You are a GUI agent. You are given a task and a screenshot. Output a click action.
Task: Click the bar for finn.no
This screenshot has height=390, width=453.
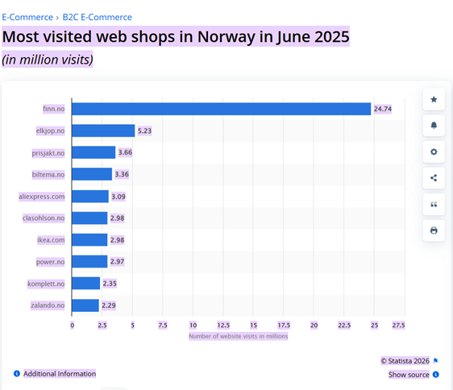click(x=222, y=109)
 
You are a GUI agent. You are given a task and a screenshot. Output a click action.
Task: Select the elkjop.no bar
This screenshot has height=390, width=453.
click(x=104, y=131)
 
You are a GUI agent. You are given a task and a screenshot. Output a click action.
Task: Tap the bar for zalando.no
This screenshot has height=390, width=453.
click(x=86, y=305)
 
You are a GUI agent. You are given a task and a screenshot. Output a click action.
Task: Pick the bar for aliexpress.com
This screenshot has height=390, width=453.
click(x=90, y=197)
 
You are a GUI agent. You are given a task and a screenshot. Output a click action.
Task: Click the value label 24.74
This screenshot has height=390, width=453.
click(x=383, y=109)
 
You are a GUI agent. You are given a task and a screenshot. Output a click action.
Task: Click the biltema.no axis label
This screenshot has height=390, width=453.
click(x=48, y=174)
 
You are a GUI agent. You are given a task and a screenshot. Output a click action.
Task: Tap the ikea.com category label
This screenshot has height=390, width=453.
click(x=50, y=240)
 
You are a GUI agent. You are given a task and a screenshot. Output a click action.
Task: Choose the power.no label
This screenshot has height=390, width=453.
click(x=50, y=262)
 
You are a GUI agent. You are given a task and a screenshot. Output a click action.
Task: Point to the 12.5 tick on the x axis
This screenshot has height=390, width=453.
click(x=223, y=325)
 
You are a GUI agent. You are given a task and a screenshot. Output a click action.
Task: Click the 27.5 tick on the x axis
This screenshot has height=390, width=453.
click(x=398, y=325)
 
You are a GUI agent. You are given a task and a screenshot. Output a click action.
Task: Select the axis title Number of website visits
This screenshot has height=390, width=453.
click(x=238, y=336)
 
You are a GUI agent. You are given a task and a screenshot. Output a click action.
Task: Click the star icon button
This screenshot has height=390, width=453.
click(x=434, y=100)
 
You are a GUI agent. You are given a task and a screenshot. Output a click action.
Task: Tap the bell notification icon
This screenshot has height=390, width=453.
click(x=434, y=126)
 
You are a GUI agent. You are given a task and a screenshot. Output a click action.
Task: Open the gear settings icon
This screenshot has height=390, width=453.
click(x=434, y=152)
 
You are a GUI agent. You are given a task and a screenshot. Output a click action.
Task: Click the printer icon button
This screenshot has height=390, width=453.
click(x=434, y=230)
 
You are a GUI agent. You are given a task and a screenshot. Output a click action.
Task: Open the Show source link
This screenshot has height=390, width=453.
click(x=409, y=375)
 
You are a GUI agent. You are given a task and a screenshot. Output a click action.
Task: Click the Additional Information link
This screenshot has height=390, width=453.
click(x=59, y=374)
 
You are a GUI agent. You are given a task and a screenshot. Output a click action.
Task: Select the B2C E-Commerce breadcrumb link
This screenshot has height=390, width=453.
click(x=97, y=17)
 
